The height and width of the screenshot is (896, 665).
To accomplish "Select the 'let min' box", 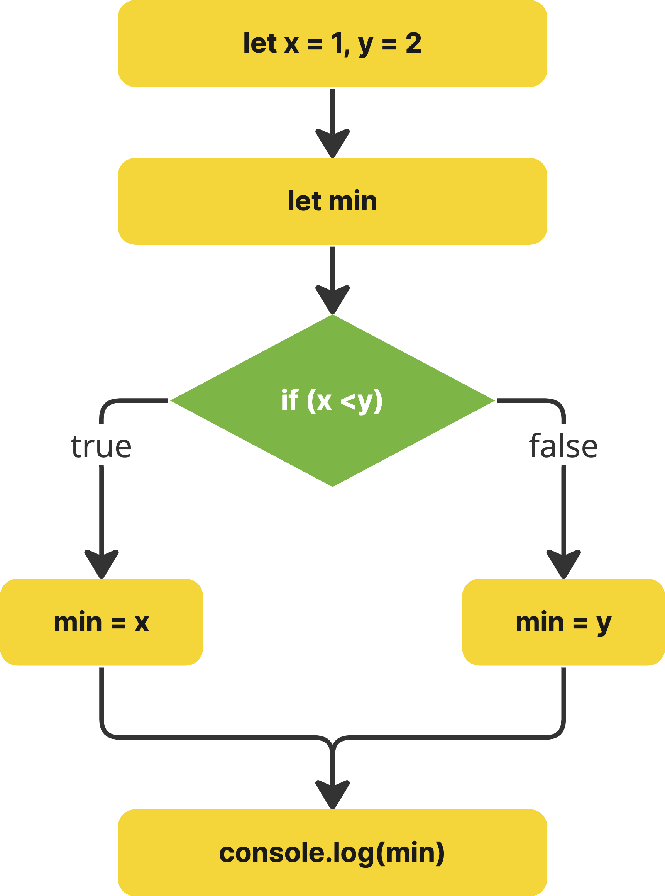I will pyautogui.click(x=333, y=201).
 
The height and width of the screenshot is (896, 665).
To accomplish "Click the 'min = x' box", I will pyautogui.click(x=102, y=622).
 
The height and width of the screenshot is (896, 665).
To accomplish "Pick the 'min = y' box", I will pyautogui.click(x=563, y=622).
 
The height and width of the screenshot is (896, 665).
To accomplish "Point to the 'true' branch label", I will pyautogui.click(x=102, y=446).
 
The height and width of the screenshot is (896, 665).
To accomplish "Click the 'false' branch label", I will pyautogui.click(x=563, y=446).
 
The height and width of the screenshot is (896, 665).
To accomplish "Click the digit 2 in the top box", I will pyautogui.click(x=413, y=43).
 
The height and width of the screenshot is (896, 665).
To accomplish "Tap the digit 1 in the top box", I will pyautogui.click(x=337, y=43).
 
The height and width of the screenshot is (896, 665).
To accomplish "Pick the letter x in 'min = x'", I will pyautogui.click(x=142, y=623).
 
